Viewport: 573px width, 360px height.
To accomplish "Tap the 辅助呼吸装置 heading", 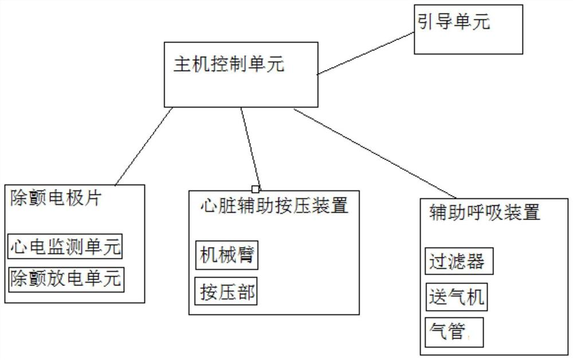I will click(x=484, y=213).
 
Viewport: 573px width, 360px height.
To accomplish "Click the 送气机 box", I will click(x=457, y=297).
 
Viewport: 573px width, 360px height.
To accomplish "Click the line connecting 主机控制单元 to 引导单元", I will click(x=366, y=53).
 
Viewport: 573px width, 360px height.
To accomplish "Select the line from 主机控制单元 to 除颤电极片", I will click(x=143, y=146).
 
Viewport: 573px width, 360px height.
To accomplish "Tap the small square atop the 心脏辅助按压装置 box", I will click(x=256, y=189).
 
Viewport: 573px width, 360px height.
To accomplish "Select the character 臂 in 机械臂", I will click(x=246, y=255).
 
